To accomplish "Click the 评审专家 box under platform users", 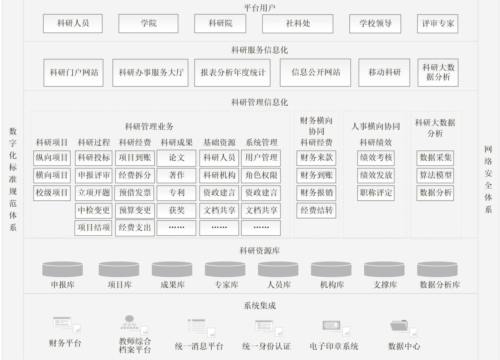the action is point(438,24).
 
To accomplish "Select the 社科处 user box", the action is point(298,24).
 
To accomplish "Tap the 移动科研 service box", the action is point(384,72).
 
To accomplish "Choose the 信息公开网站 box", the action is point(315,72).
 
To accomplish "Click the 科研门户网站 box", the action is point(74,72).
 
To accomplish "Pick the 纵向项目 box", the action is point(52,157).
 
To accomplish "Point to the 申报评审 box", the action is point(94,175).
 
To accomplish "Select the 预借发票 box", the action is point(135,192).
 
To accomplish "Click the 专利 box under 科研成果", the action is point(176,192).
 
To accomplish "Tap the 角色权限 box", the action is point(261,175).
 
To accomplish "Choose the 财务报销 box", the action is point(316,192).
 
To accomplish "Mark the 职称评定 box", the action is point(376,192).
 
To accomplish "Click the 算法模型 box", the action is point(435,175).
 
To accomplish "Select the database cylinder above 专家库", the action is point(225,269).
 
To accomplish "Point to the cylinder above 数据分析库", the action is point(437,269).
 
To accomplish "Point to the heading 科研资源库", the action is point(259,251).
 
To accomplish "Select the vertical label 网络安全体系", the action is point(488,179).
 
